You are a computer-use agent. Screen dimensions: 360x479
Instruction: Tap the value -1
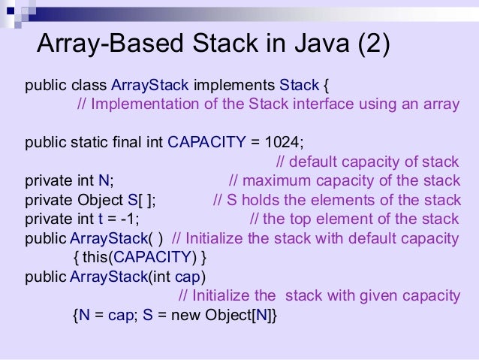point(128,219)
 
